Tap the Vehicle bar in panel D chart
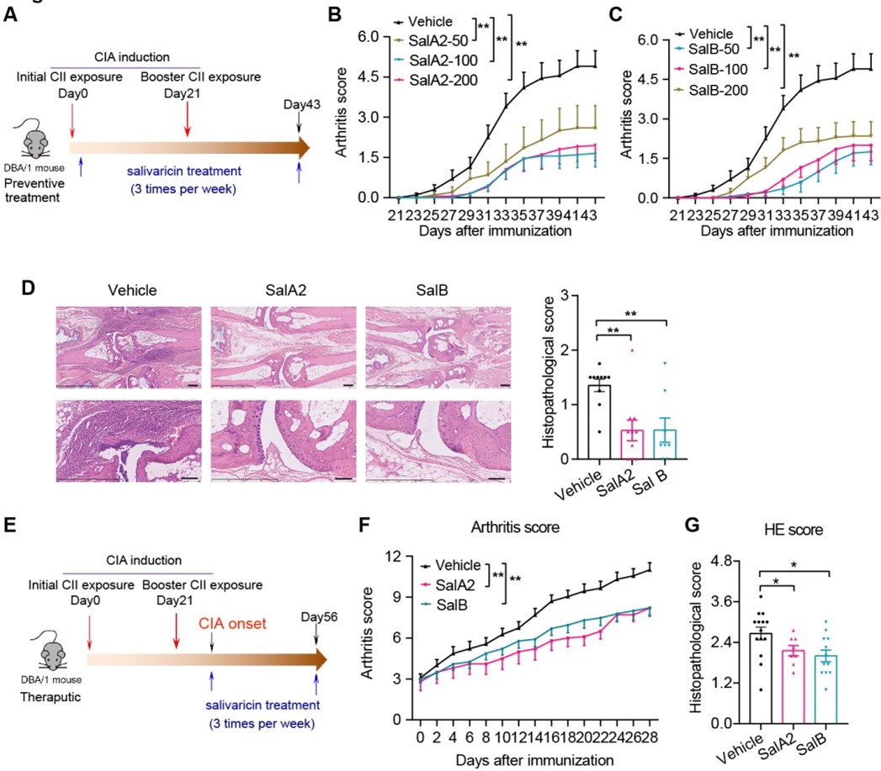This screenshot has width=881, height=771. coord(598,421)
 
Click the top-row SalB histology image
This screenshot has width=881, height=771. coord(441,348)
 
